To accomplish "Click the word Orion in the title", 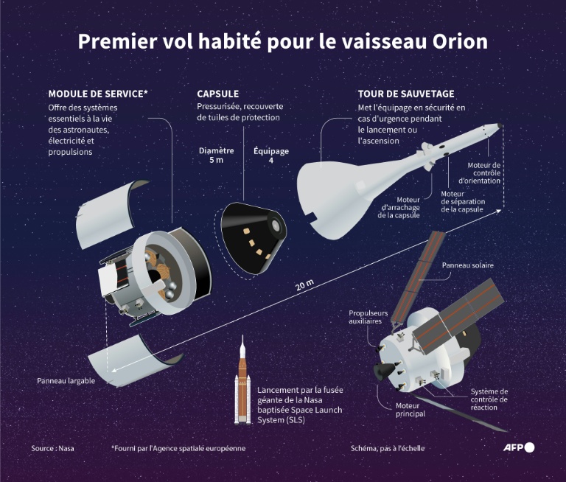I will (458, 41).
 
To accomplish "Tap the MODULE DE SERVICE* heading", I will (98, 94).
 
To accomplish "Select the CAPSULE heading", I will (217, 94).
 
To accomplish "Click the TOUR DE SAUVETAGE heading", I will (406, 94).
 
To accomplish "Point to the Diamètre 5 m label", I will (216, 156).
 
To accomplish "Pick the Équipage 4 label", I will (270, 156).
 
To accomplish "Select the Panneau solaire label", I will (467, 265).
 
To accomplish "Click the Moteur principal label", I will (410, 410).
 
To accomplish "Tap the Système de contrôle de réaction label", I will (489, 399).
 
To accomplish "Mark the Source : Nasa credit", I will (53, 448).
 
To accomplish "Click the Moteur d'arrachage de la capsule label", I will (399, 207).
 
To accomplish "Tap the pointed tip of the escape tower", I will (502, 125).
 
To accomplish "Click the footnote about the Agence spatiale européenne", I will (178, 448).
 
